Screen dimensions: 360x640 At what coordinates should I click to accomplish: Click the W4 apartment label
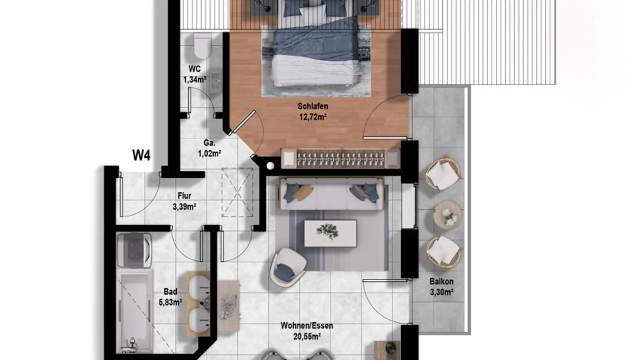[142, 155]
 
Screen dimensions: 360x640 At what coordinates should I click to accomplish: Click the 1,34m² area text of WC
[195, 80]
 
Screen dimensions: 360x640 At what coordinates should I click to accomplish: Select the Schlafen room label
[313, 106]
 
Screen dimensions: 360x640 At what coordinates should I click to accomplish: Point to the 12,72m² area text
[313, 117]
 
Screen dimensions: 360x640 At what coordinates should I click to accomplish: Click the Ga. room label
[209, 143]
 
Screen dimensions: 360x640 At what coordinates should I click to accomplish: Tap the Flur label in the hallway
[184, 196]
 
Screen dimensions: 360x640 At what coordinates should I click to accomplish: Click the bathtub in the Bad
[135, 310]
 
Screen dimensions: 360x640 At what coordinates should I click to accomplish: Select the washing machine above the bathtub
[134, 250]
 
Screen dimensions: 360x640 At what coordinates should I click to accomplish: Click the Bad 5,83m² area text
[170, 302]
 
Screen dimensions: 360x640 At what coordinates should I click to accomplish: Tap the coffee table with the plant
[330, 233]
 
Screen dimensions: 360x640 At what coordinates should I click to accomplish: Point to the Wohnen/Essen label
[307, 326]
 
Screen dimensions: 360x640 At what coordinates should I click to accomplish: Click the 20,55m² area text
[307, 337]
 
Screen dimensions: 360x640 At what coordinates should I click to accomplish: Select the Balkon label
[441, 281]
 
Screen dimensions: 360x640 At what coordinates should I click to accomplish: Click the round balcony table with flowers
[448, 215]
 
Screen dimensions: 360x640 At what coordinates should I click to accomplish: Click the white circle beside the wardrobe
[270, 166]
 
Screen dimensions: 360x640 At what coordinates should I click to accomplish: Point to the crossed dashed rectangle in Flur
[238, 192]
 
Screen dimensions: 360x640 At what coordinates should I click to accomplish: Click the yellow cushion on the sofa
[303, 192]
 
